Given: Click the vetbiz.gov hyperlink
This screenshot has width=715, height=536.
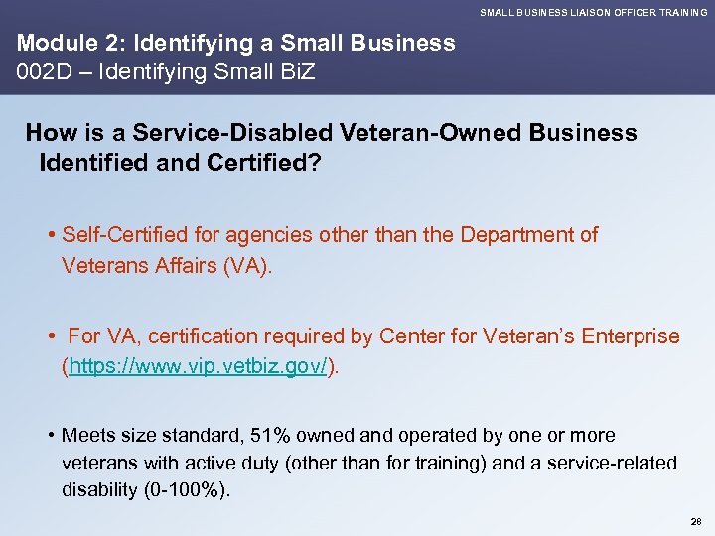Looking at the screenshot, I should (198, 367).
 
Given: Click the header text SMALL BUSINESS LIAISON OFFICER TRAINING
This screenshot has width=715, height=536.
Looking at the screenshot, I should (594, 12).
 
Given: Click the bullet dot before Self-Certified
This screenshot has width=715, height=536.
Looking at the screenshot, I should (51, 236).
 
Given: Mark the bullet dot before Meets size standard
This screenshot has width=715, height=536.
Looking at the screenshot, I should (51, 436).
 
